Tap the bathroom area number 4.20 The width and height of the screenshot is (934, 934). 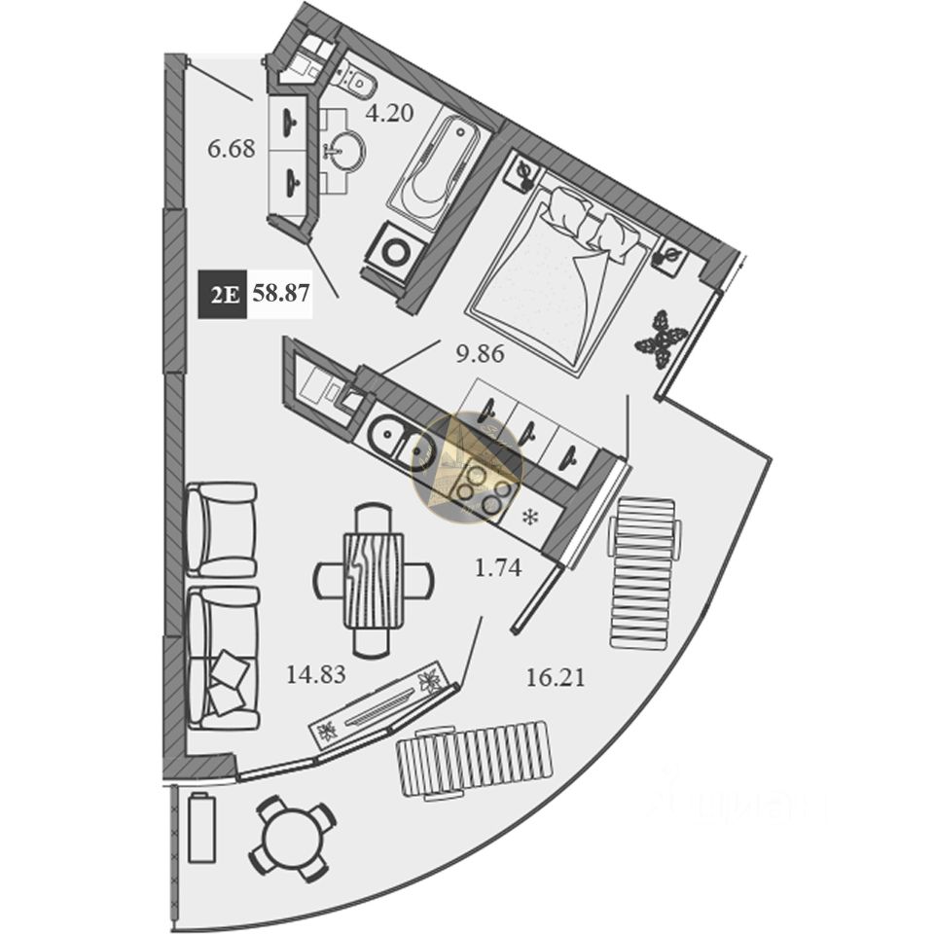[389, 113]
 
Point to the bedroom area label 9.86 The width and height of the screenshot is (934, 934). [482, 353]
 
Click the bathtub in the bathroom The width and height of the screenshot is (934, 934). [434, 171]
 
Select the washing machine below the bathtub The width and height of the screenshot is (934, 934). [397, 250]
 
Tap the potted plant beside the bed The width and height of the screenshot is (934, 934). [662, 337]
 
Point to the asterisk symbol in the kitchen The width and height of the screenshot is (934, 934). [531, 517]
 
